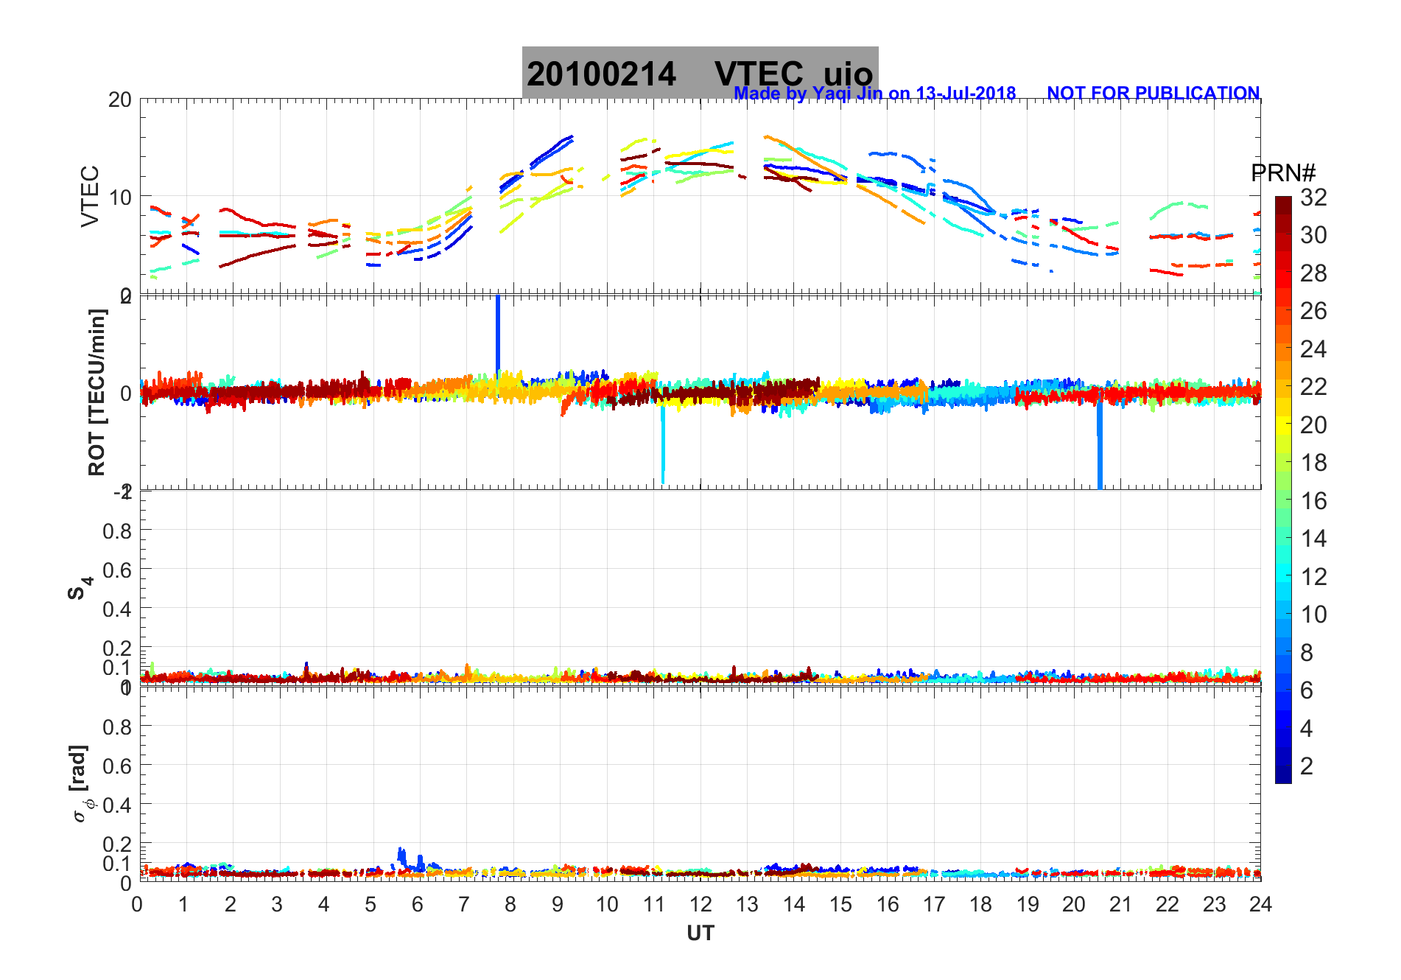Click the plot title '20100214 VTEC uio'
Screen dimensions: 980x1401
699,74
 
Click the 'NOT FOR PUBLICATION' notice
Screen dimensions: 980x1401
1153,94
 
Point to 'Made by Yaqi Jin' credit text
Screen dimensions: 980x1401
874,94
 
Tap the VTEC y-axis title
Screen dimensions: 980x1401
90,196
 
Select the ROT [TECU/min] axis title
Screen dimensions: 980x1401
96,392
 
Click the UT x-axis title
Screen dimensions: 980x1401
700,934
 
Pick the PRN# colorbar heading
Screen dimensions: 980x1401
1282,173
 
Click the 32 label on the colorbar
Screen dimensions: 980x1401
1313,197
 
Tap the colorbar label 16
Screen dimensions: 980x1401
1313,501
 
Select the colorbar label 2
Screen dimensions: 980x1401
1307,766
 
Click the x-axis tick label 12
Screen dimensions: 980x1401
700,905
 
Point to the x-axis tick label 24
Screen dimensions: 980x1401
1260,905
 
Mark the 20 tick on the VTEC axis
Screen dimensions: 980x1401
119,100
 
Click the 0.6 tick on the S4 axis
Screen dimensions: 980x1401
117,570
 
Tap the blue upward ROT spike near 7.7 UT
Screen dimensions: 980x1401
498,332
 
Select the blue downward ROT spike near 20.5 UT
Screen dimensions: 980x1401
1100,449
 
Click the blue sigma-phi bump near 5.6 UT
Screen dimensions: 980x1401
401,856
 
